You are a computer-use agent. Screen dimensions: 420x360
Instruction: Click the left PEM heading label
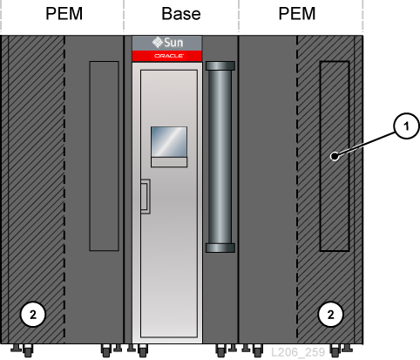pos(64,13)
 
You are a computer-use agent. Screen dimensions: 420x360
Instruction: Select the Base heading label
pos(181,14)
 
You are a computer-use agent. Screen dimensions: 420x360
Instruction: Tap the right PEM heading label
pos(297,13)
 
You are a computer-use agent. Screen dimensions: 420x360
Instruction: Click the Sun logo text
pos(173,43)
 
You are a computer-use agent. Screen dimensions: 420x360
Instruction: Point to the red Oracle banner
pos(167,56)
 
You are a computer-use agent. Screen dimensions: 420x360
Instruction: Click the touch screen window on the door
pos(169,142)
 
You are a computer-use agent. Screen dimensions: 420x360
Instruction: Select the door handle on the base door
pos(146,196)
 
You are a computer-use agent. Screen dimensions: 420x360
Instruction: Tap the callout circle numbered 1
pos(406,126)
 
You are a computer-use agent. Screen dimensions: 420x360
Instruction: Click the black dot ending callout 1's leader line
pos(335,156)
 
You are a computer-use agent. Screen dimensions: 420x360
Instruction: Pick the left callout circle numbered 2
pos(33,315)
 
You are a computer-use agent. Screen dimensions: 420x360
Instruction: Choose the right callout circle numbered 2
pos(330,315)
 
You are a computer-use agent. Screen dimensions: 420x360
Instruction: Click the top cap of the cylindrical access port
pos(220,65)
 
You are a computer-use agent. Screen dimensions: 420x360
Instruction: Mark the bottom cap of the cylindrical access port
pos(220,248)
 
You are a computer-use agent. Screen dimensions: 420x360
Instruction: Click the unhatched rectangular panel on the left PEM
pos(104,156)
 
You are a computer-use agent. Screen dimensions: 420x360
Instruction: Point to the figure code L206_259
pos(298,352)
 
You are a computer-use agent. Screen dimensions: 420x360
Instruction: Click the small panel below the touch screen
pos(169,162)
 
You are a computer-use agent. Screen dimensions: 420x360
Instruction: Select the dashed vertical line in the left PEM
pos(64,189)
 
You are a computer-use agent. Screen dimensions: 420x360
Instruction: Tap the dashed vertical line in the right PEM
pos(297,189)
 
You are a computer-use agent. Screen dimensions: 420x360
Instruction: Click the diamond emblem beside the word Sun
pos(158,43)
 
